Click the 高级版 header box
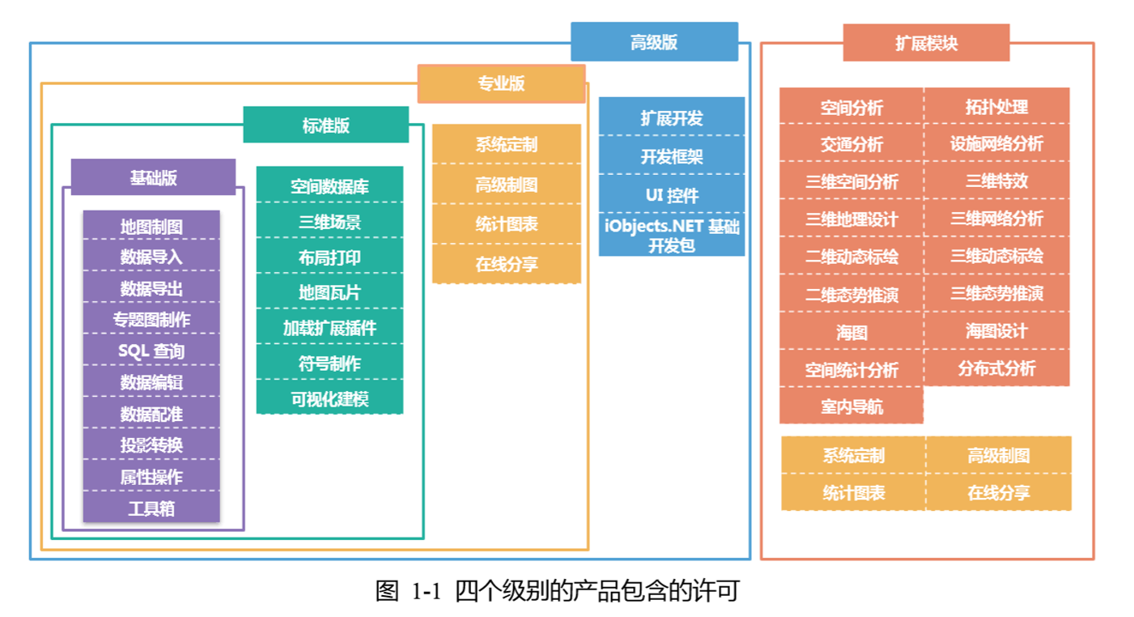point(654,42)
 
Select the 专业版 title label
point(501,83)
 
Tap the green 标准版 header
point(325,125)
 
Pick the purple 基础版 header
point(153,177)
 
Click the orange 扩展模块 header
point(926,43)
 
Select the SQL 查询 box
point(151,351)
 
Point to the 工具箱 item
point(151,508)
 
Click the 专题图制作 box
point(151,319)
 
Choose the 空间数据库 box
point(329,186)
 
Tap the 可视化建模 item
point(329,398)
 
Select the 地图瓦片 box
point(329,292)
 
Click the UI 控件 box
point(672,195)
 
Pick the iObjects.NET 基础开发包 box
point(672,236)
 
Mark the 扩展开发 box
point(672,117)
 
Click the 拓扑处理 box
point(996,106)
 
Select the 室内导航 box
point(852,406)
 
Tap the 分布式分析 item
point(996,368)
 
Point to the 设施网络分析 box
point(996,143)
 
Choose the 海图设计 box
point(996,331)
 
